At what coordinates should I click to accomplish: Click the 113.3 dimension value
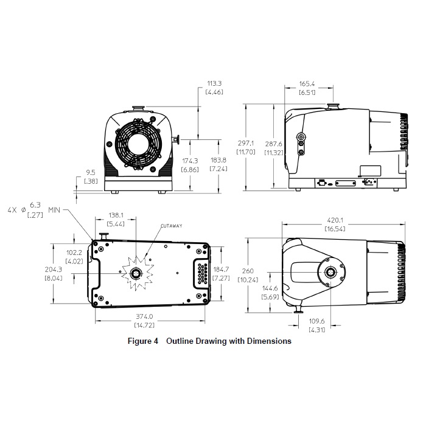coord(214,83)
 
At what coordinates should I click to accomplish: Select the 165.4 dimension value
coord(307,84)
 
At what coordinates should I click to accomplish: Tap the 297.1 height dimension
coord(246,143)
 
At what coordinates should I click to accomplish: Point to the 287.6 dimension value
coord(274,144)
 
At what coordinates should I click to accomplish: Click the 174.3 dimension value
coord(190,161)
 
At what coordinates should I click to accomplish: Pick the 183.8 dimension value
coord(218,160)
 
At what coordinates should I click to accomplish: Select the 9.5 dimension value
coord(91,172)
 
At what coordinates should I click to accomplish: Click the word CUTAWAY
coord(172,226)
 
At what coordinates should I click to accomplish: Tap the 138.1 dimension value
coord(116,215)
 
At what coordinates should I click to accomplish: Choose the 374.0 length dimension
coord(144,316)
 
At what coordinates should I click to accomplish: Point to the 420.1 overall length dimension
coord(335,220)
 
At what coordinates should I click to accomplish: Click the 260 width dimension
coord(248,271)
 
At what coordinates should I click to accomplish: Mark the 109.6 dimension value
coord(317,321)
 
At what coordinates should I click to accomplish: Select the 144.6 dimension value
coord(270,288)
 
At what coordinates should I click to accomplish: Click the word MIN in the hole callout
coord(54,210)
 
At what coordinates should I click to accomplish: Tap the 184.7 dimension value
coord(221,269)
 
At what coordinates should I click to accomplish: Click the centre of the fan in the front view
coord(138,145)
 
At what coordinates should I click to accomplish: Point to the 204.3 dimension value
coord(54,269)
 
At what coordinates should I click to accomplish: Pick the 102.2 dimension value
coord(74,253)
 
